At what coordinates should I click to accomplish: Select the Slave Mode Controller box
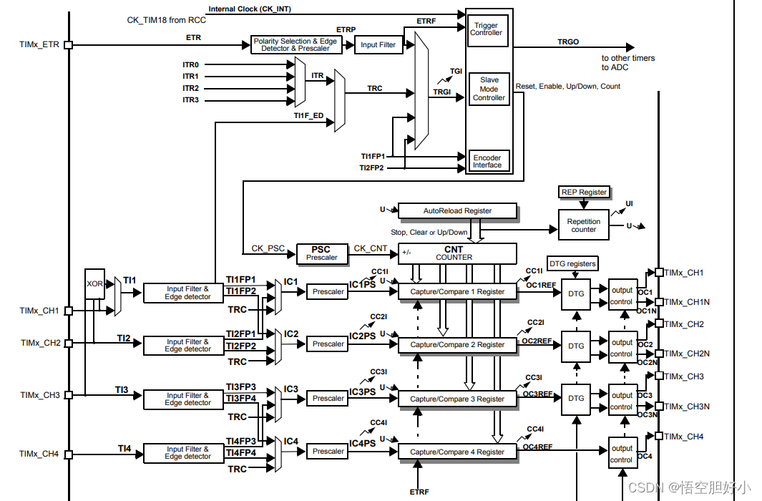click(489, 89)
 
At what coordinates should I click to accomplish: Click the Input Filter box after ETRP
click(378, 44)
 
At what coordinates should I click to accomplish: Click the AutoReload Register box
click(457, 211)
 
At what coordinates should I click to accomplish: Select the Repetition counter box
click(583, 225)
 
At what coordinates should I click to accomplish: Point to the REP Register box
click(584, 192)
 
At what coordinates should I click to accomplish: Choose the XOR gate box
click(94, 284)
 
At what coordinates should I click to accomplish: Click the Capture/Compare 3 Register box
click(457, 399)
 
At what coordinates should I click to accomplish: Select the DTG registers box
click(572, 263)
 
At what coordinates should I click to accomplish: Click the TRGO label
click(568, 42)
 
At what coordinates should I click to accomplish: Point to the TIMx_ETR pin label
click(39, 44)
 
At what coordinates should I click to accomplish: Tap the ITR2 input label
click(190, 88)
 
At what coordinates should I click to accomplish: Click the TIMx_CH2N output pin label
click(688, 354)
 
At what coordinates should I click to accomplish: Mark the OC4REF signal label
click(537, 447)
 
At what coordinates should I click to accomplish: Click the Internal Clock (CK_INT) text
click(250, 9)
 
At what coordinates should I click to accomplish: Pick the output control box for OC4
click(621, 454)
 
